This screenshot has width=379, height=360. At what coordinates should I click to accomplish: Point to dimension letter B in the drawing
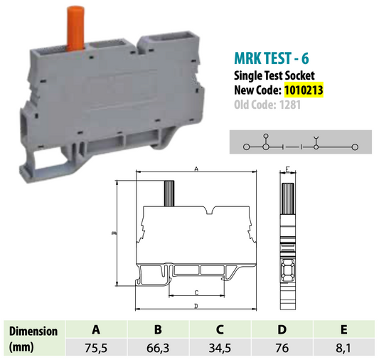tap(113, 232)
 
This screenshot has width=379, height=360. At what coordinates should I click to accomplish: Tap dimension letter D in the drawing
tap(195, 307)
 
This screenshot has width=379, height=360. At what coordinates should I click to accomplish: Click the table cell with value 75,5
tap(95, 348)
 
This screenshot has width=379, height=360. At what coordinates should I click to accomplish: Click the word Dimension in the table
tap(32, 331)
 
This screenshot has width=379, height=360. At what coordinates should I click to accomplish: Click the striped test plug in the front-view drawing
tap(169, 192)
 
